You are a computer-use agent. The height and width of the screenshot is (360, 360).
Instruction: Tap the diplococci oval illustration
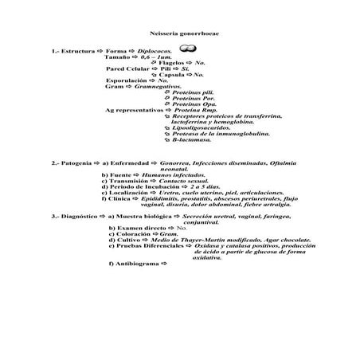(x=188, y=49)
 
